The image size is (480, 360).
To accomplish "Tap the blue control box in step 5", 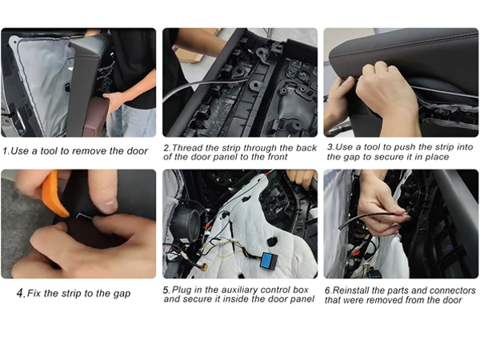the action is [269, 260].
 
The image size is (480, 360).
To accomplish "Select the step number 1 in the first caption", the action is [6, 151].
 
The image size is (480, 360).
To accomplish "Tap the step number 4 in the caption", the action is [21, 294].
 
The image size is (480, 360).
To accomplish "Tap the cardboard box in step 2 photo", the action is [196, 49].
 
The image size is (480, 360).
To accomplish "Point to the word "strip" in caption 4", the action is [73, 294].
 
